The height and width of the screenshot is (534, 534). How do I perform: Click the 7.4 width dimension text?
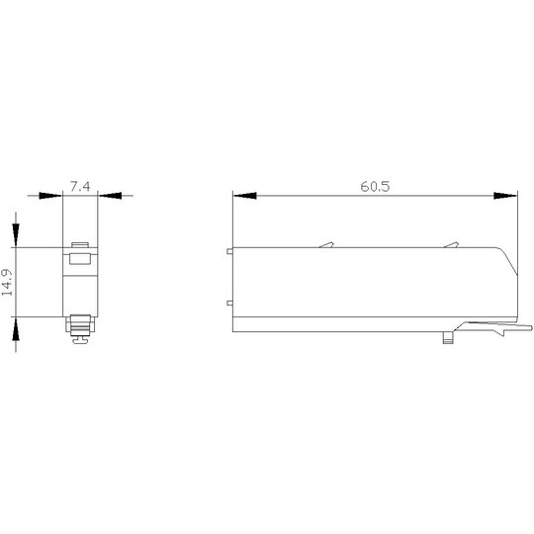tap(80, 187)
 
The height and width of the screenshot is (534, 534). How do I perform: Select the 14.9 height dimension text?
tap(7, 282)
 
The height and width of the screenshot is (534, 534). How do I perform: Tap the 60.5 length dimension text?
tap(375, 187)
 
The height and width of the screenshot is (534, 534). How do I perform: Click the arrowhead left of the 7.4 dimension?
tap(50, 196)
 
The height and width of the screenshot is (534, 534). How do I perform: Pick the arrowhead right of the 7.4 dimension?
tap(110, 196)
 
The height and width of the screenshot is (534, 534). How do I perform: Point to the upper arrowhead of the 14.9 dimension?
tap(16, 235)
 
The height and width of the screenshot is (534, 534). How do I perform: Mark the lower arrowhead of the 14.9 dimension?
tap(16, 328)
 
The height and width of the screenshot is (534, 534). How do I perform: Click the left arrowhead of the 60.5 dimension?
tap(245, 196)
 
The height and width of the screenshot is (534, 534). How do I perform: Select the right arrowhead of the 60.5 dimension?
tap(505, 196)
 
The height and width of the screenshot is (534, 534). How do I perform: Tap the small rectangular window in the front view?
tap(80, 258)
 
